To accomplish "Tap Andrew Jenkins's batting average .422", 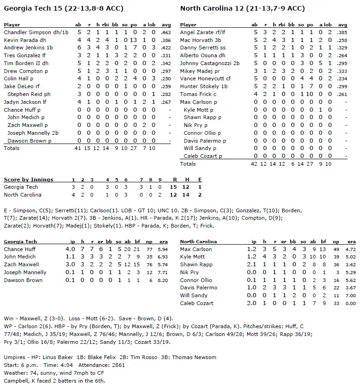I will point(165,48).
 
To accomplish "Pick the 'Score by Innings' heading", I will point(28,180).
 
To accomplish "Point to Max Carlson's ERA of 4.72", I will point(351,249).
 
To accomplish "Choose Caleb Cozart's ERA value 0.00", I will point(351,304).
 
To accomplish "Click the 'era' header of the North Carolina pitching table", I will point(352,241).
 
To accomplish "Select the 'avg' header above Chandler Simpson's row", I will point(166,24).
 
